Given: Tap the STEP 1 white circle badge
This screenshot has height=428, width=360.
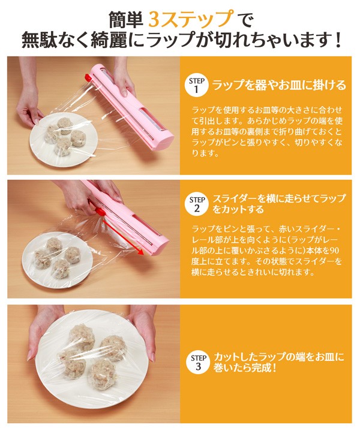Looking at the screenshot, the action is pos(197,85).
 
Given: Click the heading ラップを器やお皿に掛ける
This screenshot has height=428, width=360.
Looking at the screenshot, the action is pos(279,85).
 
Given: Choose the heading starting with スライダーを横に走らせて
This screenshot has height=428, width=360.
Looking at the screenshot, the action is pos(279,204).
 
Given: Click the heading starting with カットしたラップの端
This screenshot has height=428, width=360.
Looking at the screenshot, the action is pos(278,362).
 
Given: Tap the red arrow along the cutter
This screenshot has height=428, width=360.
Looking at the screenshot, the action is pos(124,237).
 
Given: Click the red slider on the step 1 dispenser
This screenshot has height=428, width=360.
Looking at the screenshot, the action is pos(88,78).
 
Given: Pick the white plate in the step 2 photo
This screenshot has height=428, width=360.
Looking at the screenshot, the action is pos(57,260).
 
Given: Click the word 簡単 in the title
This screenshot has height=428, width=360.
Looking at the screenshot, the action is pos(126,20).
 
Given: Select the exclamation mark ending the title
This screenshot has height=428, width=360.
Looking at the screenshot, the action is pos(338,41).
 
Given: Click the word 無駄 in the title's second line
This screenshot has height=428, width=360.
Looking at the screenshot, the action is pos(40,40).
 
